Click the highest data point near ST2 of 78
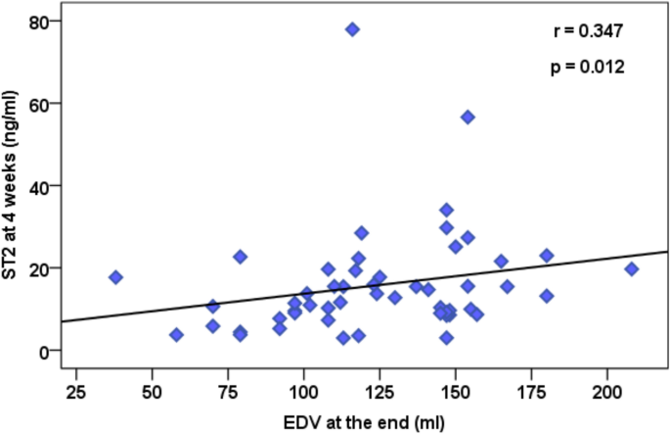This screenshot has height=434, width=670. (x=352, y=29)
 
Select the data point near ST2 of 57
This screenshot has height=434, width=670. (x=468, y=117)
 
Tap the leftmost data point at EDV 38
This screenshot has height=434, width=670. (x=115, y=277)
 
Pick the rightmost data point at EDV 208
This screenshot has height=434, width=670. (x=632, y=268)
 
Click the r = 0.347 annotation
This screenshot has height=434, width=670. (x=586, y=31)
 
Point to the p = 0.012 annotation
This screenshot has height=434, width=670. (x=586, y=69)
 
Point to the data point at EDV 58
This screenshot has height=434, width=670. (x=176, y=335)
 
